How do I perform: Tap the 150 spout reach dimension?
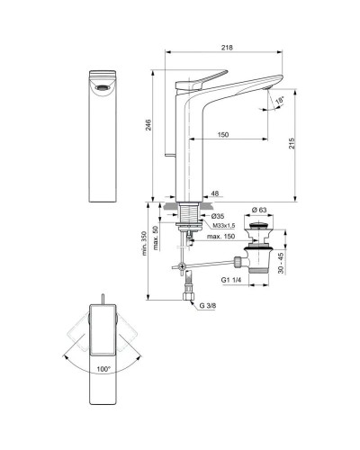click(x=222, y=136)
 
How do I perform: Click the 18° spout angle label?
click(x=280, y=98)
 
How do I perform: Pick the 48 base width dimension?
click(x=215, y=193)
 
